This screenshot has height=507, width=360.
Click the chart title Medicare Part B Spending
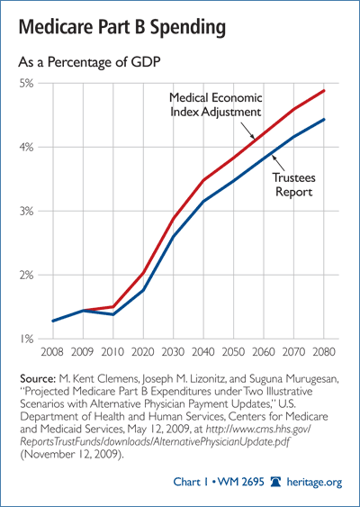point(122,28)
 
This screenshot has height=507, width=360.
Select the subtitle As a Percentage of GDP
point(89,62)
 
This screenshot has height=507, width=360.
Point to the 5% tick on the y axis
point(27,84)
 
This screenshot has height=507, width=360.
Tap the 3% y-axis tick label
point(27,211)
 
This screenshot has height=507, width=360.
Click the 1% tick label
point(27,339)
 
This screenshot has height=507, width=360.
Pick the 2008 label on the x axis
point(52,351)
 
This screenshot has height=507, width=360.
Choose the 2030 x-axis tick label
point(173,351)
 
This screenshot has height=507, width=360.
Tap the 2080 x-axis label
point(324,351)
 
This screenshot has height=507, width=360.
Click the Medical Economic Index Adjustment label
point(215,104)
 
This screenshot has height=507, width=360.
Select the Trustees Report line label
point(293,185)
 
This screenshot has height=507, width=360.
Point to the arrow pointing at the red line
point(248,131)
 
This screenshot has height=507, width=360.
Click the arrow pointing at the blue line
point(278,163)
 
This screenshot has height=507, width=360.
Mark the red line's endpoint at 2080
point(324,91)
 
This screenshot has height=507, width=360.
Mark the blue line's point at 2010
point(113,314)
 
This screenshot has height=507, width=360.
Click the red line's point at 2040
point(203,180)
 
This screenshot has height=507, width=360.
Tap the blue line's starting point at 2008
point(53,321)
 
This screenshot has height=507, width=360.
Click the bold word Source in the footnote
point(39,378)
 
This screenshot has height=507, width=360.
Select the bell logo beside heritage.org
point(275,482)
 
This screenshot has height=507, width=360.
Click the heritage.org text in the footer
point(314,483)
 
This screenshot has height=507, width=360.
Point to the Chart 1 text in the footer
point(191,482)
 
